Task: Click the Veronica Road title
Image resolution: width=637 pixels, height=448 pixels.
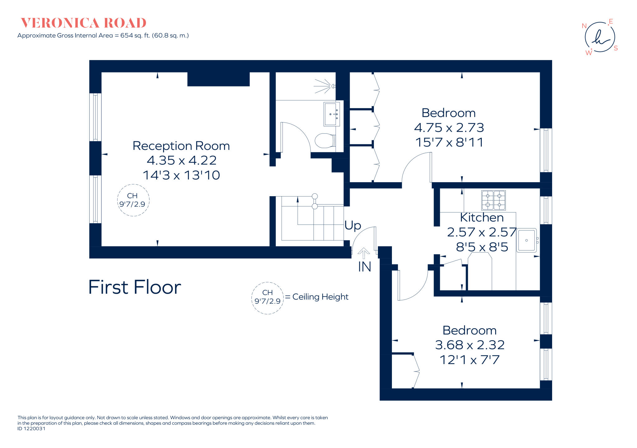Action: pos(83,23)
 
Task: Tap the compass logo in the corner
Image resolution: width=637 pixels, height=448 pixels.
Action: pos(600,37)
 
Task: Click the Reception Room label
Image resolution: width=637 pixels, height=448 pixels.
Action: pos(181,146)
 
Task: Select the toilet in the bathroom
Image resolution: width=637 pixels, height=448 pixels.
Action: pos(325,141)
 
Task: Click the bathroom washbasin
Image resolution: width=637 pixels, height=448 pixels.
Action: pos(331,114)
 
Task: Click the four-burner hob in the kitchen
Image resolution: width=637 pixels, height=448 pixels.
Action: pos(493,200)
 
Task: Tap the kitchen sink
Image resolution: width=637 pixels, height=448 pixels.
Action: pos(526,240)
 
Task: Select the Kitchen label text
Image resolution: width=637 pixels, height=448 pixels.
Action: pos(481,218)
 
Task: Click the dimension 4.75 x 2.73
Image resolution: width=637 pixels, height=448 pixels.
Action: pos(449,128)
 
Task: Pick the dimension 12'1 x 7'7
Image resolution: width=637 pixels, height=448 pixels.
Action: pos(469,360)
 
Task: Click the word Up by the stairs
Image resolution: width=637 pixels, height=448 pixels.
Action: pos(352,225)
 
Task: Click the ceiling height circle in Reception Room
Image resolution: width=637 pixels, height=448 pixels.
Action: pos(133,200)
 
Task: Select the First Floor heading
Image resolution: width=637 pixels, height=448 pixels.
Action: pos(134,287)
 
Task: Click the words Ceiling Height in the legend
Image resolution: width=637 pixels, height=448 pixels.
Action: pos(320,297)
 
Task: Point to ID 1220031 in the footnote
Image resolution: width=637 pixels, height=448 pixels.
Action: pos(31,429)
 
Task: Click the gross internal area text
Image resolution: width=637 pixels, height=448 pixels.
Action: pos(103,35)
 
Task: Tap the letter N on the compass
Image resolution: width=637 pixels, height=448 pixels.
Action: pos(584,26)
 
